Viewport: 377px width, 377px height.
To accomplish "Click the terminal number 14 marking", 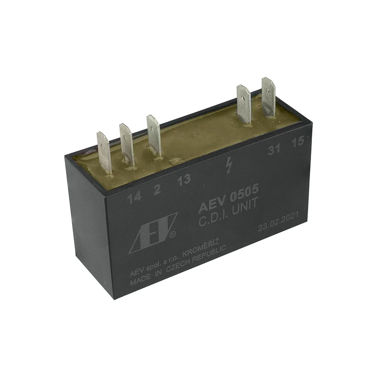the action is (x=134, y=197).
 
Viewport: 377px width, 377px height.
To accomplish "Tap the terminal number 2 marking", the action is (x=157, y=189).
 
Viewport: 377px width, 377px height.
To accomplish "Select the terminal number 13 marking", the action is (x=184, y=180).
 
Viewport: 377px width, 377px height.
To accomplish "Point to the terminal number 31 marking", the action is (x=274, y=149).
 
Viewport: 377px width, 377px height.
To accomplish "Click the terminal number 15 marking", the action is (x=298, y=142).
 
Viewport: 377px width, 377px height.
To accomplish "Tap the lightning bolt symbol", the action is (x=229, y=165).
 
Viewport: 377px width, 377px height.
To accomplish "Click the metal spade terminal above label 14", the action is (x=104, y=152).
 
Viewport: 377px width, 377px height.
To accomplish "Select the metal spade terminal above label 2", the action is (x=127, y=145).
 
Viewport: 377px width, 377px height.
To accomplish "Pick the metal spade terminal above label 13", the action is (x=154, y=136).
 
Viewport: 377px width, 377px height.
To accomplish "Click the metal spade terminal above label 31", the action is (x=244, y=105).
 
